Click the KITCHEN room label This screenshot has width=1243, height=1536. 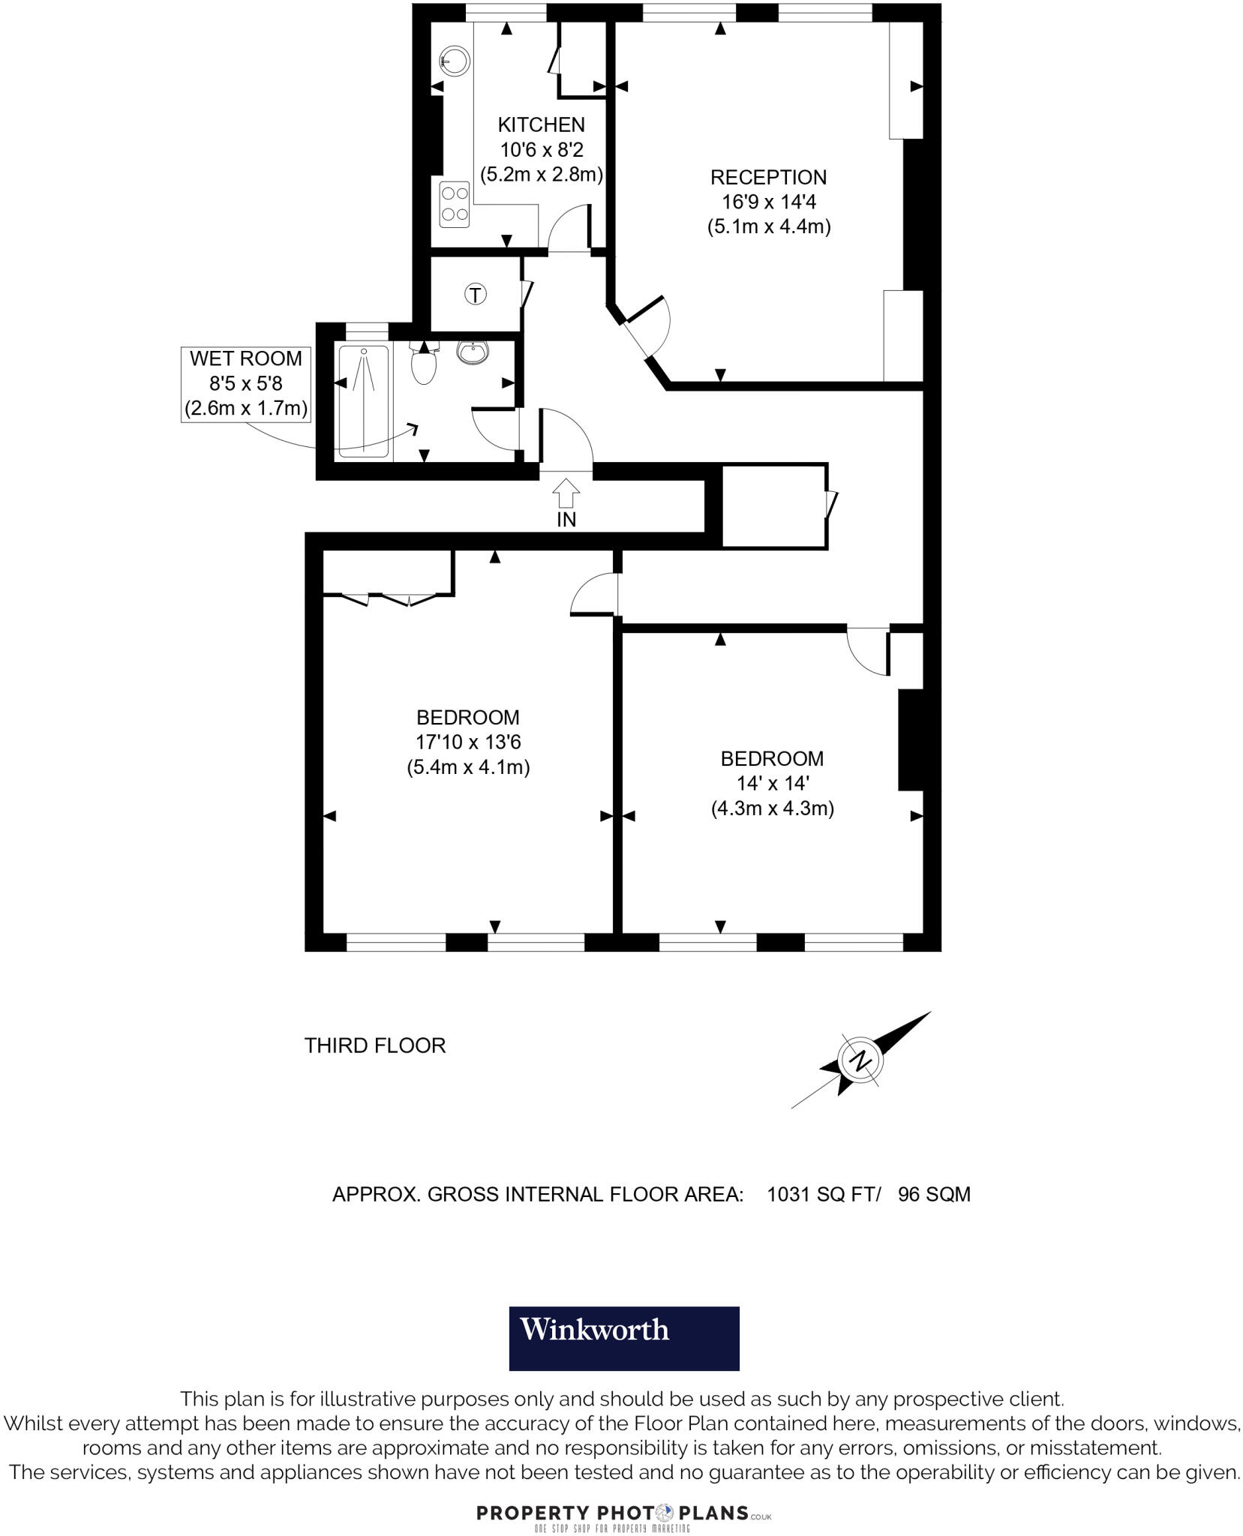[541, 124]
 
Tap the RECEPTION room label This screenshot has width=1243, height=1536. [768, 178]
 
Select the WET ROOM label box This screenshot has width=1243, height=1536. [245, 384]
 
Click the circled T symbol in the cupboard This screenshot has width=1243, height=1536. [476, 295]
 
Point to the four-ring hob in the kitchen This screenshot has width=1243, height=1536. [455, 204]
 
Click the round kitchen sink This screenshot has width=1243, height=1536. [455, 61]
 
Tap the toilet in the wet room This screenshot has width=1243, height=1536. [425, 364]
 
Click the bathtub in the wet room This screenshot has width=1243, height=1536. [363, 401]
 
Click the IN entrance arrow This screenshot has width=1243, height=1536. [566, 494]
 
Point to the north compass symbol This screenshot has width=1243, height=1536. [861, 1060]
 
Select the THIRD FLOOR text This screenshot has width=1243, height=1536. [375, 1045]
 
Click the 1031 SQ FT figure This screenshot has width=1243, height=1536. [822, 1195]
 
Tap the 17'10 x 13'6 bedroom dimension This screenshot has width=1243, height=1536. [468, 742]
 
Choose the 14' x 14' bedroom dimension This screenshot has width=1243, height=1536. [772, 784]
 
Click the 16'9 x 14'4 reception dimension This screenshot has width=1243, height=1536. [768, 202]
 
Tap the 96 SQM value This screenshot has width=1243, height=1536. [934, 1195]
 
